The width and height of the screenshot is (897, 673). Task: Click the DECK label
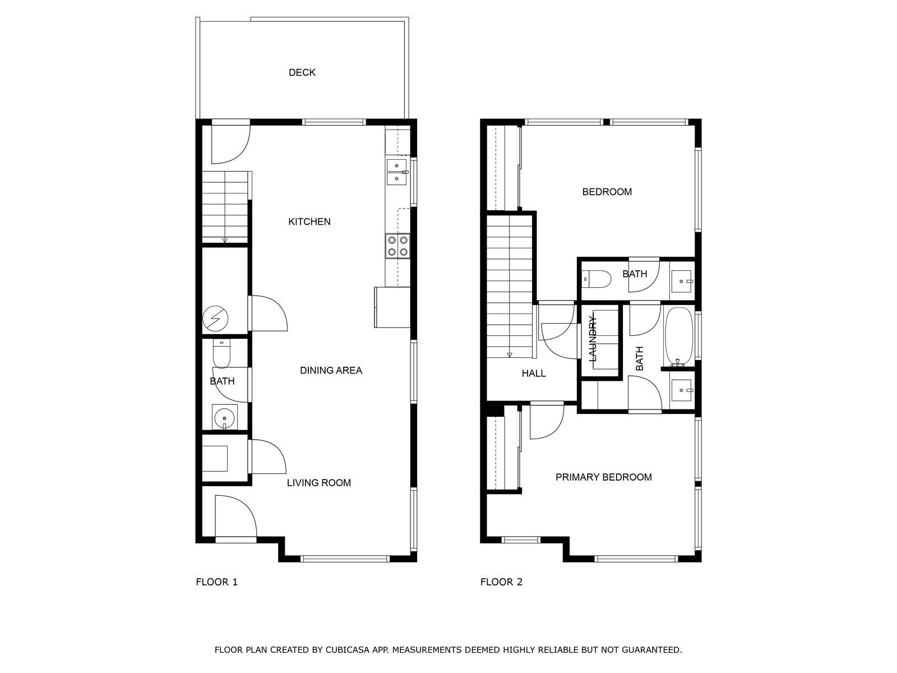coord(302,73)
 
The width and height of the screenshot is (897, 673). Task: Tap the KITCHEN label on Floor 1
coord(309,222)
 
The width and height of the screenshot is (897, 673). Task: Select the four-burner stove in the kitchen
coord(397,246)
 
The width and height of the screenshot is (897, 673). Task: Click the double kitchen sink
coord(397,172)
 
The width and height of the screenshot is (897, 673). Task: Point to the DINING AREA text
coord(331,371)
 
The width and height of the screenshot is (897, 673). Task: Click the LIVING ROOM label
coord(319,483)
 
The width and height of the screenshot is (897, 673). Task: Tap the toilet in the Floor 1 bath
coord(221,353)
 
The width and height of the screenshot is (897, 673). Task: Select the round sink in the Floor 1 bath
coord(224,418)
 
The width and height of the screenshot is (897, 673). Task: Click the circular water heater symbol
coord(215,319)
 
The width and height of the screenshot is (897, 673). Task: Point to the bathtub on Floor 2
coord(679,336)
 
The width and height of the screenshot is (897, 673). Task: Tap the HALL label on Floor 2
coord(534,374)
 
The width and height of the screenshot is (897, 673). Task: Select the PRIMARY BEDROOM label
coord(604,477)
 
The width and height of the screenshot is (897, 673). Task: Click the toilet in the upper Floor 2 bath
coord(597,279)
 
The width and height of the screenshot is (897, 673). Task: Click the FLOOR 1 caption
coord(216,582)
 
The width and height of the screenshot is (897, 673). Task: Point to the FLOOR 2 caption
coord(501,582)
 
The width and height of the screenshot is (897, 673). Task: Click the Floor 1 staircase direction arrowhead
coord(224,240)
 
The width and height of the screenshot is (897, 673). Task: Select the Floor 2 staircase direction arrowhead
coord(509,355)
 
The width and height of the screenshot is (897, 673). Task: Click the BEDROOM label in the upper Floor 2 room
coord(607,192)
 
